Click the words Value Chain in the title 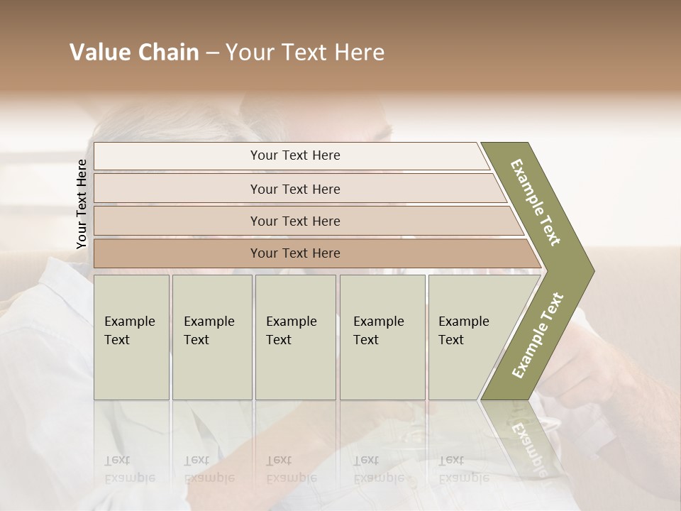[x=134, y=53]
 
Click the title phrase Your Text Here [x=305, y=53]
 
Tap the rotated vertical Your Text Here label [x=82, y=204]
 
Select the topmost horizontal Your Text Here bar [x=294, y=155]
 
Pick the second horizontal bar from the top [x=294, y=189]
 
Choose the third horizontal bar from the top [x=294, y=221]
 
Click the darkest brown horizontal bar [x=294, y=253]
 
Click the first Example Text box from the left [x=131, y=337]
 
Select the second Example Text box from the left [x=211, y=337]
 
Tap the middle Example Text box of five [x=295, y=337]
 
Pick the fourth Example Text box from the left [x=382, y=337]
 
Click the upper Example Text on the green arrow [x=536, y=202]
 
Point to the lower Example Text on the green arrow [x=537, y=336]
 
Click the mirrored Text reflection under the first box [x=117, y=460]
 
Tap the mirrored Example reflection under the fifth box [x=464, y=478]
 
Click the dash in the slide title [x=212, y=53]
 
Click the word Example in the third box [x=291, y=322]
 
